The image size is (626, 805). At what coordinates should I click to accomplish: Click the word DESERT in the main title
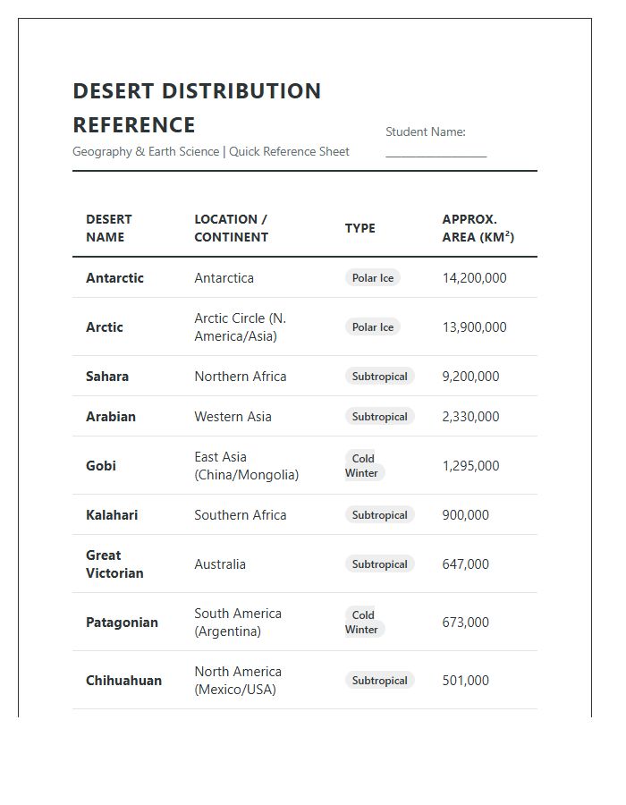tap(114, 91)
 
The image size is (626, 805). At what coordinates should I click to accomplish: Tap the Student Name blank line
tap(436, 155)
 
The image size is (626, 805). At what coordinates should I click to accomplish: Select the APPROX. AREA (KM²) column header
tap(478, 228)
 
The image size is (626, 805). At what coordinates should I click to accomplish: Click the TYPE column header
tap(360, 228)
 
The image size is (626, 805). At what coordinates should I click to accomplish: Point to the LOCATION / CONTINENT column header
tap(231, 228)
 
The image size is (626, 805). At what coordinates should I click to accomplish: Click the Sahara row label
tap(107, 377)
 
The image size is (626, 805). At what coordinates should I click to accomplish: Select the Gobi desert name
tap(101, 466)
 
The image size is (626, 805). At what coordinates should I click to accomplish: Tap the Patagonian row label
tap(122, 623)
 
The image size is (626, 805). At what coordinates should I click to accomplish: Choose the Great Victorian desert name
tap(114, 564)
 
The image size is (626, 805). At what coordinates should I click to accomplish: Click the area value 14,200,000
tap(474, 278)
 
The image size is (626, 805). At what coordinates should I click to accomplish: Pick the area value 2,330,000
tap(470, 417)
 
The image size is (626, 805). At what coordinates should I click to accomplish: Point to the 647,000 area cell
tap(465, 564)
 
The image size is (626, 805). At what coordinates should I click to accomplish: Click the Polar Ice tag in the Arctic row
tap(372, 327)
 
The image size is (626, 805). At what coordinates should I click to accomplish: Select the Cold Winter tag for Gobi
tap(363, 466)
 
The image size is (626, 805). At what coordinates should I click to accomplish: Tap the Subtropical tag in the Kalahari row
tap(379, 515)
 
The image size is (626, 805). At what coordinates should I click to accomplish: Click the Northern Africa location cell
tap(240, 377)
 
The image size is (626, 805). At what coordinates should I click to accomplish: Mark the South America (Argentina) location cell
tap(237, 623)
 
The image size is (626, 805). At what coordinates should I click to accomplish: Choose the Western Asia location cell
tap(233, 417)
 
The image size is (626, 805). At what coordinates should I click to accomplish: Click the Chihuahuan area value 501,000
tap(465, 681)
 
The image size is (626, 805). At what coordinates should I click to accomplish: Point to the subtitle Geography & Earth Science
tap(146, 152)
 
